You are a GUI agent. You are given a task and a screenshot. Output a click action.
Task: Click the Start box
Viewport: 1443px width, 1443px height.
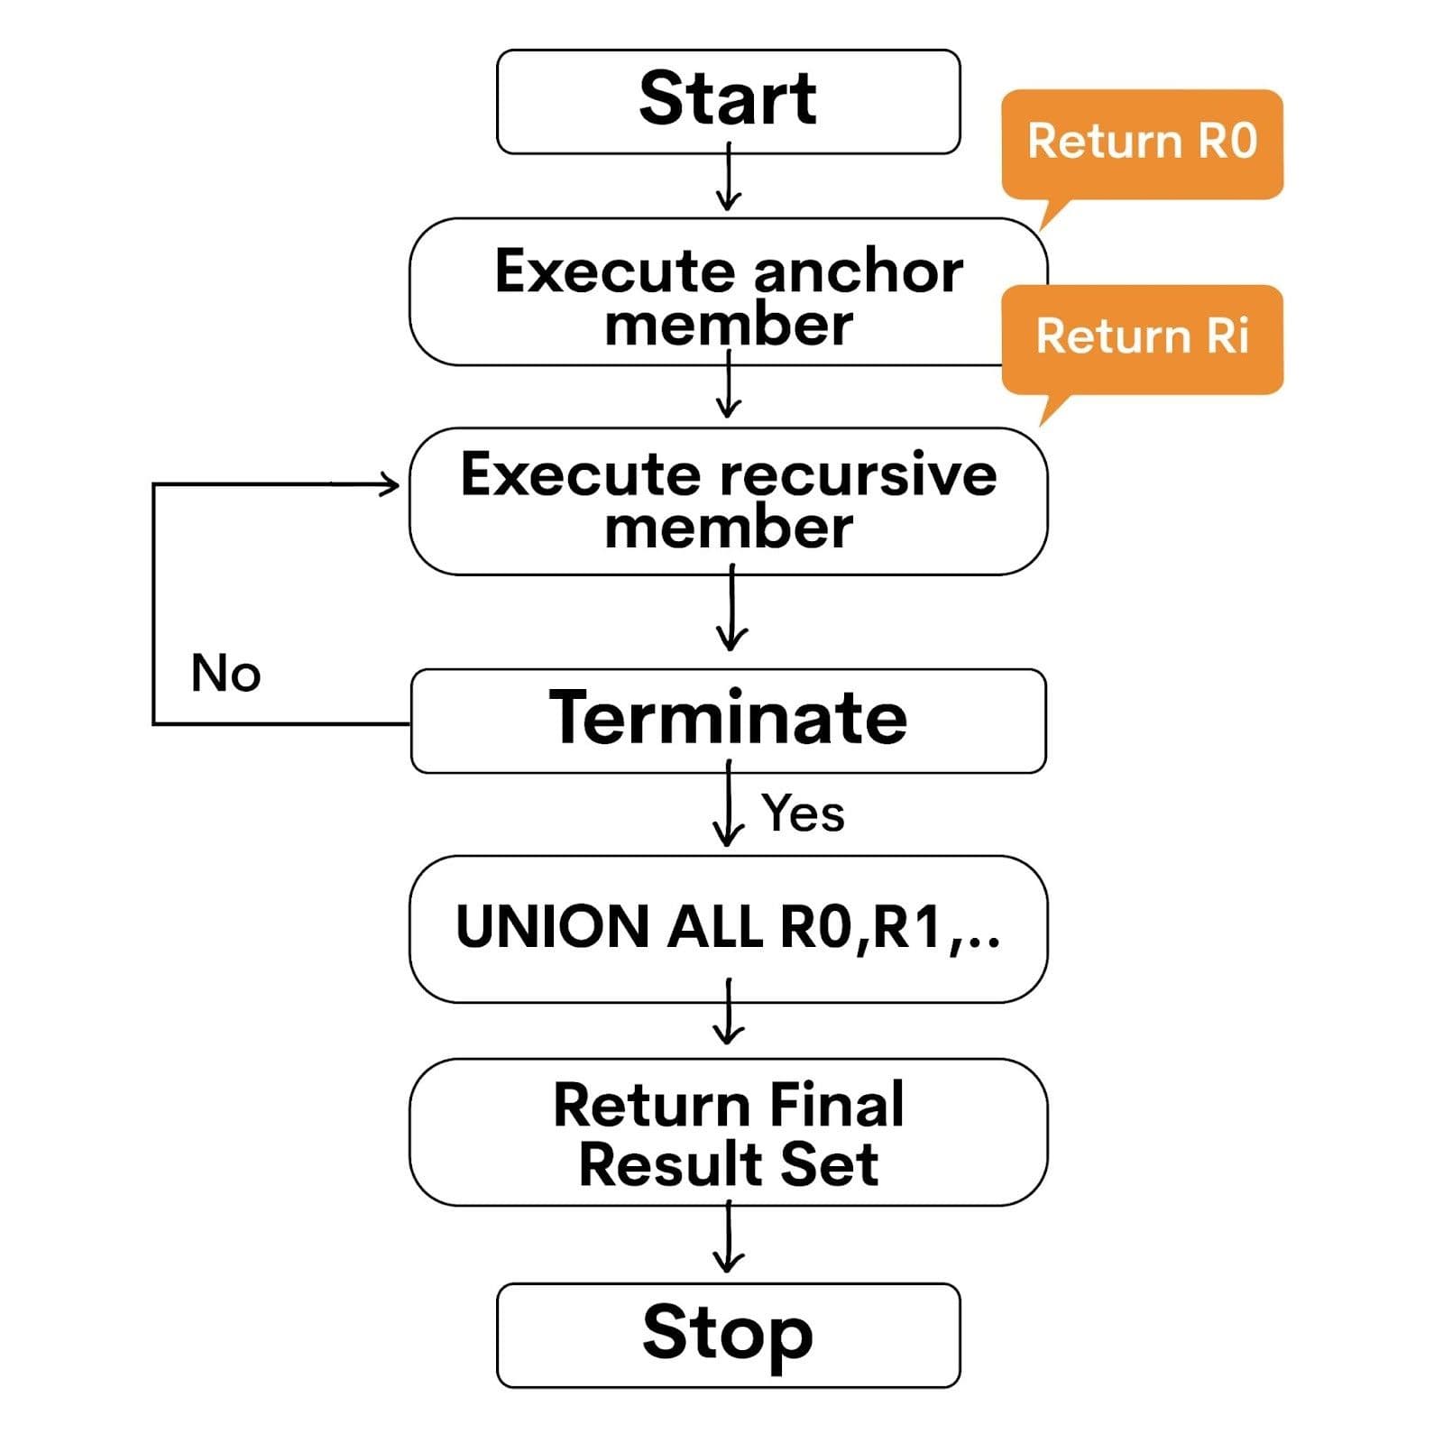coord(728,101)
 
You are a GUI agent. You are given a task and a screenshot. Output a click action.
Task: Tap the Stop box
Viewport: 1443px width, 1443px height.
coord(728,1335)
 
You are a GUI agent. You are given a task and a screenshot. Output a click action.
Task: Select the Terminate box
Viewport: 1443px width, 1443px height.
coord(728,720)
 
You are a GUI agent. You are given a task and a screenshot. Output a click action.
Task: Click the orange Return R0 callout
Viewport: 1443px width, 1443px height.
coord(1142,142)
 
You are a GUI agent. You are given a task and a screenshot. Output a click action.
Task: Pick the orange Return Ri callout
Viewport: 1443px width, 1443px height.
coord(1142,337)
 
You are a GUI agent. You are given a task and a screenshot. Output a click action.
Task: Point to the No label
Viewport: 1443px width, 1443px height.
coord(225,674)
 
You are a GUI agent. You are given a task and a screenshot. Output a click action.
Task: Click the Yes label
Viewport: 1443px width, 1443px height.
coord(803,813)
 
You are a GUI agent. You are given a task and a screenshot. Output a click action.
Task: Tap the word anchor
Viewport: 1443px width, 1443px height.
coord(858,271)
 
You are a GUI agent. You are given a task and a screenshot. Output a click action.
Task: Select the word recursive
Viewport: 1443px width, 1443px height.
coord(859,474)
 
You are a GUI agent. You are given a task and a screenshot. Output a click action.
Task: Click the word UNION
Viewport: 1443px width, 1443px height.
coord(552,927)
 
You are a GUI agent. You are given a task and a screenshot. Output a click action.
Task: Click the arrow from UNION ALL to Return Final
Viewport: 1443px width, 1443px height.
coord(728,1015)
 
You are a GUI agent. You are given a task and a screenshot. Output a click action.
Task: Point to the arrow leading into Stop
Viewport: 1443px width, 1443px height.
coord(728,1240)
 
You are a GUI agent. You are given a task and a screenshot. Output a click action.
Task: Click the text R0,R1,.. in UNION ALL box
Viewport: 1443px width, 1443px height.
coord(889,927)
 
